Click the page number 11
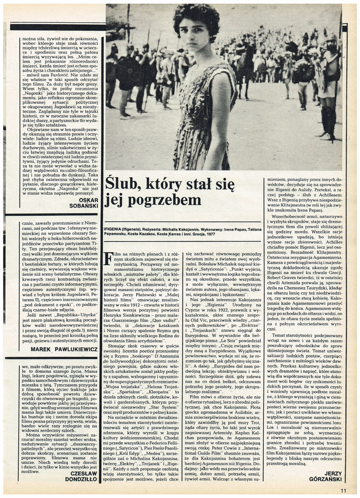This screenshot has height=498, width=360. pyautogui.click(x=344, y=490)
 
